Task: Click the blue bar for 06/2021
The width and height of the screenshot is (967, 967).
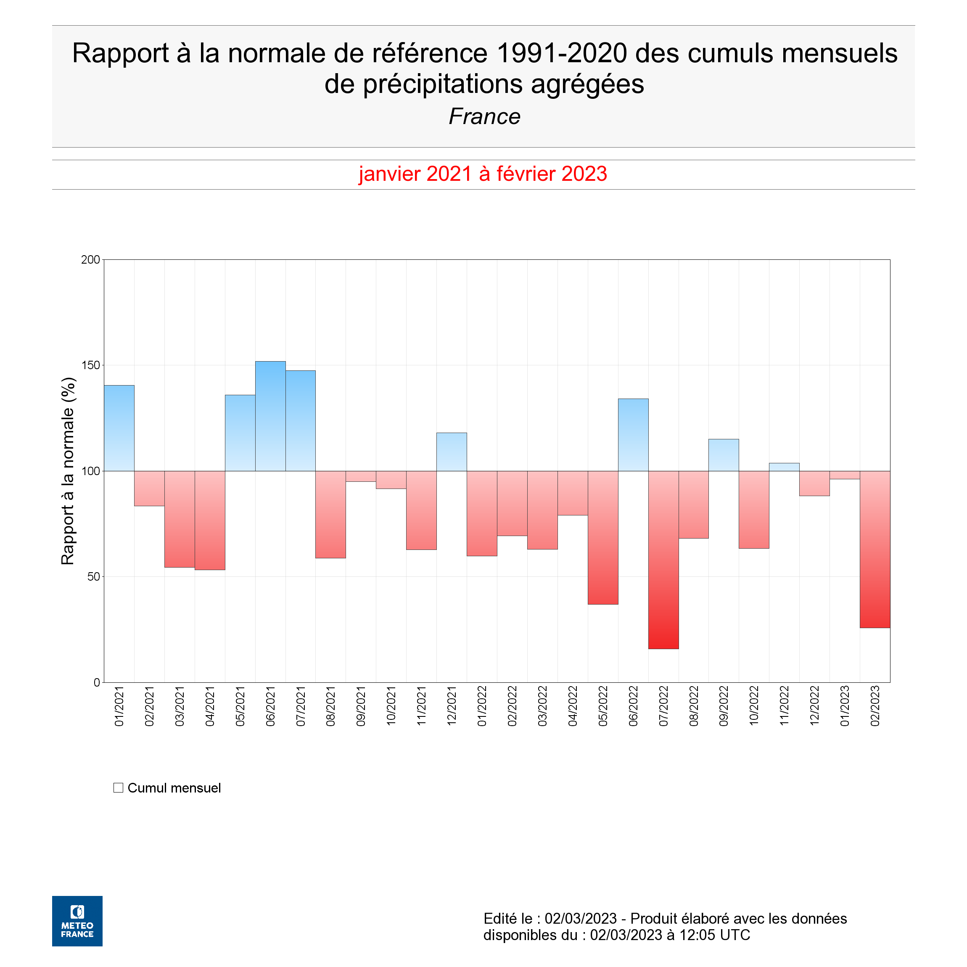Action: pyautogui.click(x=270, y=416)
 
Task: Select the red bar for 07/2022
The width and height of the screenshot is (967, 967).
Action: pyautogui.click(x=664, y=560)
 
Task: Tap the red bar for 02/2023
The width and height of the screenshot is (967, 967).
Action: pyautogui.click(x=875, y=549)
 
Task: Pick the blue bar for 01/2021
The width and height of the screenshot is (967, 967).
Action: pyautogui.click(x=119, y=428)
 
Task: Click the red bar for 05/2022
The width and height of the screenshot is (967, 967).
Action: pyautogui.click(x=603, y=538)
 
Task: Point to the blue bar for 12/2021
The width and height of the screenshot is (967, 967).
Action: pyautogui.click(x=452, y=452)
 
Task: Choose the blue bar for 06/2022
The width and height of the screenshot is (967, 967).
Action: pyautogui.click(x=633, y=435)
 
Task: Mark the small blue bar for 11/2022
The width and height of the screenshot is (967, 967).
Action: pyautogui.click(x=784, y=467)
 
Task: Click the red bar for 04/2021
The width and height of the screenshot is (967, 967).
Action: pyautogui.click(x=210, y=520)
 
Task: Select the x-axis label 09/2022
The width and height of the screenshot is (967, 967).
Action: pyautogui.click(x=724, y=706)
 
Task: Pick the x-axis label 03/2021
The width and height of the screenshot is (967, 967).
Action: pyautogui.click(x=180, y=706)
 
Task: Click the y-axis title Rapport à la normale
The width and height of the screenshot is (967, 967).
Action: pyautogui.click(x=68, y=471)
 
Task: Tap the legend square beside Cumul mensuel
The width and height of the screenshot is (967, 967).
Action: pyautogui.click(x=118, y=788)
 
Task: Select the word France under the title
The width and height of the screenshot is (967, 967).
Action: pyautogui.click(x=484, y=116)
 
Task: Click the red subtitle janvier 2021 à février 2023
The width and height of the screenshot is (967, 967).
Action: pyautogui.click(x=483, y=174)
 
